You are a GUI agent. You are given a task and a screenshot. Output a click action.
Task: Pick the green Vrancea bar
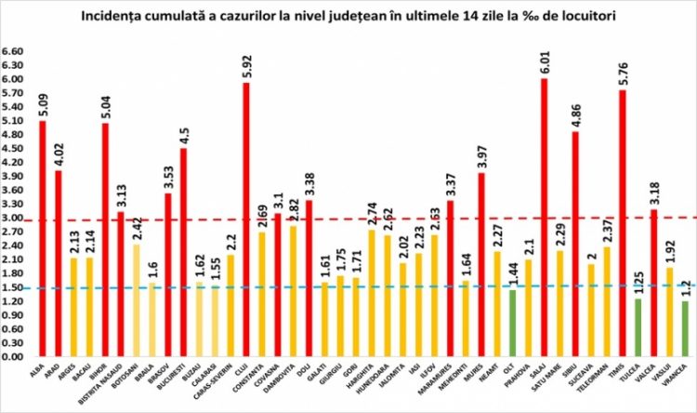tap(684, 328)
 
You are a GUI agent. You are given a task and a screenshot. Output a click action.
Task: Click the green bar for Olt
tap(511, 323)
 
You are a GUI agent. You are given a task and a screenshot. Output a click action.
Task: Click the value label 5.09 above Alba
tap(43, 103)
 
